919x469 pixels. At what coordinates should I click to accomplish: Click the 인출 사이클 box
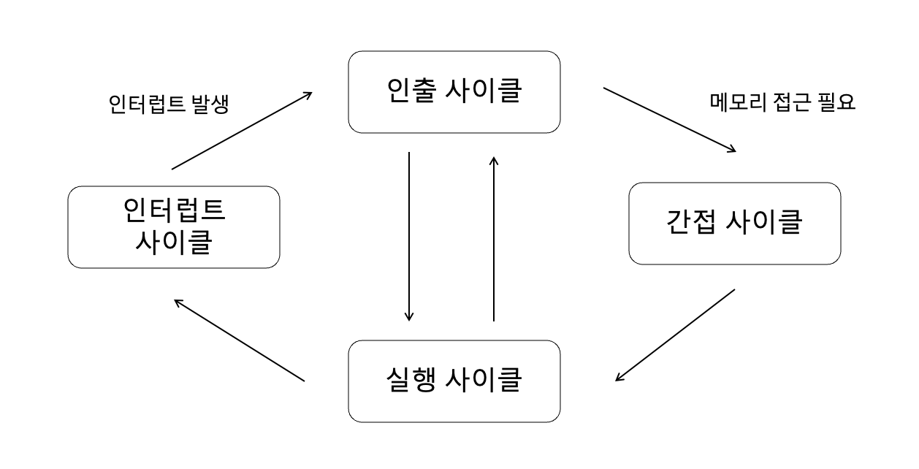point(454,92)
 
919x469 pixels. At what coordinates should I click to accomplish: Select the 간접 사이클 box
point(734,223)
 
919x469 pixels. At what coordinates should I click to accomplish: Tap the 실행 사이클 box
point(454,381)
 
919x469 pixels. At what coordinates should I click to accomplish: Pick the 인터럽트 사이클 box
point(174,226)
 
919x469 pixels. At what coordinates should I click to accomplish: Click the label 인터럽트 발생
point(168,104)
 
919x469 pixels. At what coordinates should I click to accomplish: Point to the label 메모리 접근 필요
point(782,102)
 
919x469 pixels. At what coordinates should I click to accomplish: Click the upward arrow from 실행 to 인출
point(494,238)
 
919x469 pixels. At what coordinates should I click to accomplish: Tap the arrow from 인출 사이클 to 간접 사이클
point(669,120)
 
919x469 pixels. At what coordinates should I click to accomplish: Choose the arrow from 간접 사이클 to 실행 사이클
point(675,335)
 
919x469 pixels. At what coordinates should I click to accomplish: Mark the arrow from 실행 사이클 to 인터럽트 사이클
point(239,340)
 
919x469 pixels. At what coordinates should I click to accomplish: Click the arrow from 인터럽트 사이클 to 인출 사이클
point(242,131)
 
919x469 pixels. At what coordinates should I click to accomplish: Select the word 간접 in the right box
point(693,223)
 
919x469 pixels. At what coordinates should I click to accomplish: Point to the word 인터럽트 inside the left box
point(174,211)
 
